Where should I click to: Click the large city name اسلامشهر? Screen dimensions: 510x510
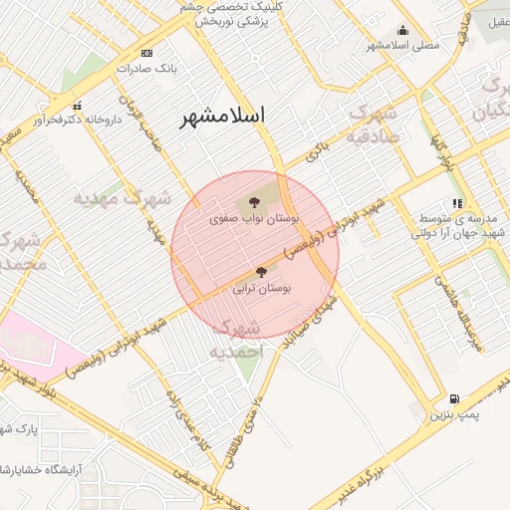(222, 116)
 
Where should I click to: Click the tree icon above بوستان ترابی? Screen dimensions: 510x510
(261, 271)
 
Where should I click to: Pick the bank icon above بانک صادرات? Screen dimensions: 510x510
(147, 53)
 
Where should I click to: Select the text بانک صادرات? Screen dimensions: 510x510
(145, 69)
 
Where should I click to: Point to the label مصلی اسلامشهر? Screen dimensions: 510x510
(401, 46)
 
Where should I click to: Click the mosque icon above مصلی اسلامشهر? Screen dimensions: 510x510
(402, 31)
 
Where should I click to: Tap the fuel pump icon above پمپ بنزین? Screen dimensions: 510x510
(455, 397)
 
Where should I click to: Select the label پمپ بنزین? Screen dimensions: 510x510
(455, 413)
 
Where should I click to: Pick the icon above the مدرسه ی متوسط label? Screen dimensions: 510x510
(457, 203)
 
